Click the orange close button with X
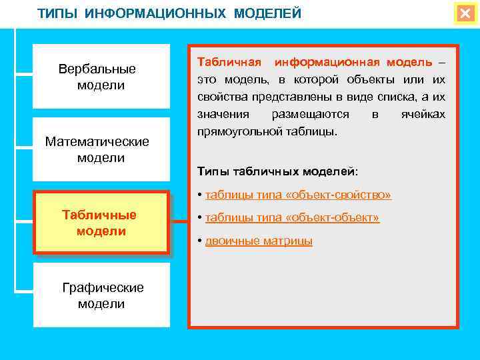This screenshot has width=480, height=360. coord(465,14)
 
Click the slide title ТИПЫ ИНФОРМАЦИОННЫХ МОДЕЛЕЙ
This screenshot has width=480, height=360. coord(169,14)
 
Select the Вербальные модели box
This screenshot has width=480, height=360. coord(101,77)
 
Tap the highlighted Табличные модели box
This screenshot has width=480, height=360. coord(101,223)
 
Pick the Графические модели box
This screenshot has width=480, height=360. coord(101,295)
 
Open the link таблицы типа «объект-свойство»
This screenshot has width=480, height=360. coord(298,195)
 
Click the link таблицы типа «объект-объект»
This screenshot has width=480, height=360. coord(293,218)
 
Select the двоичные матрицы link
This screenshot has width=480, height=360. coord(259,241)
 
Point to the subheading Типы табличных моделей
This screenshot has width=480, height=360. coord(277,171)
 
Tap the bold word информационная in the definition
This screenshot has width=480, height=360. coord(326,62)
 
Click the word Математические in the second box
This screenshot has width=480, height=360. coord(97,142)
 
